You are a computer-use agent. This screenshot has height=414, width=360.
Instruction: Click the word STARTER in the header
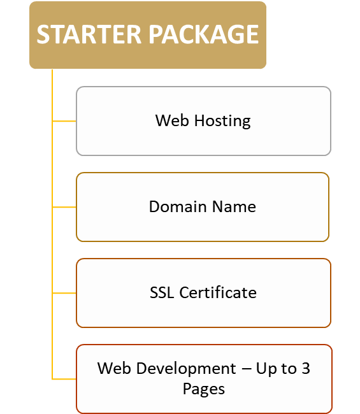point(89,34)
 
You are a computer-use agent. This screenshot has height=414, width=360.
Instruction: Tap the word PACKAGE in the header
point(204,34)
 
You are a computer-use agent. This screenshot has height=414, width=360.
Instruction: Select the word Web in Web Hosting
point(172,120)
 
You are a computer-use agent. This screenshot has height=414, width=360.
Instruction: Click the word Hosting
point(222,122)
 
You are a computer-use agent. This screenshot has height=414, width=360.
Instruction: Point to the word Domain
point(178,206)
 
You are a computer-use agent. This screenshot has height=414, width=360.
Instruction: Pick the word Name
point(234,207)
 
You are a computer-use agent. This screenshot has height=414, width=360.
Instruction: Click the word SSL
point(162,292)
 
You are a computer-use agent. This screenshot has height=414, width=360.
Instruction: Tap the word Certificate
point(218,292)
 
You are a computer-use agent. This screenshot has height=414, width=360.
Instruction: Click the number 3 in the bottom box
point(306,368)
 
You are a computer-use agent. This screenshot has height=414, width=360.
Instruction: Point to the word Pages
point(204,389)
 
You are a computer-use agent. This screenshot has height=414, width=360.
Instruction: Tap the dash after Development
point(247,369)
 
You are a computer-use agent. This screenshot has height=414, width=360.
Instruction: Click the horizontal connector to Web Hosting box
point(64,121)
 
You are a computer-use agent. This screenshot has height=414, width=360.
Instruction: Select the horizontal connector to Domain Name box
point(64,207)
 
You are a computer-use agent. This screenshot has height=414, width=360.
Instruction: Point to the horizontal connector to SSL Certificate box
point(64,293)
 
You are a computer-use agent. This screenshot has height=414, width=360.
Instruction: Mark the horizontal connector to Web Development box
point(64,379)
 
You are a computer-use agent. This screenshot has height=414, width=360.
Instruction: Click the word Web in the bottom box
point(114,368)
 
